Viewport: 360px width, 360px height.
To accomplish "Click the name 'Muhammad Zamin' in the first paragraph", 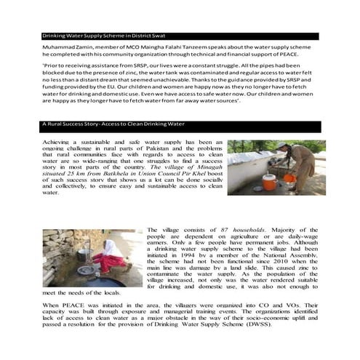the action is click(62, 45).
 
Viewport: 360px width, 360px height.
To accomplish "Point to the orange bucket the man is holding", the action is click(289, 177).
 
